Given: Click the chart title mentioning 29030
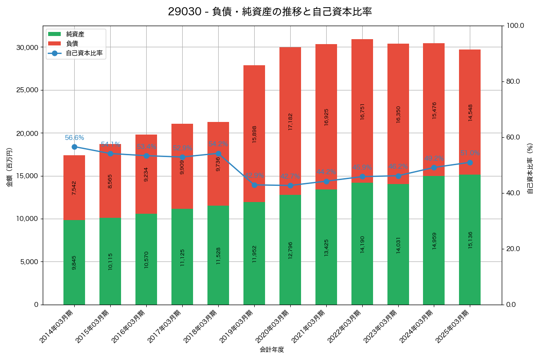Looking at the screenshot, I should pyautogui.click(x=270, y=12).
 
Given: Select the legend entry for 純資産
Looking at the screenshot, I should pyautogui.click(x=75, y=34).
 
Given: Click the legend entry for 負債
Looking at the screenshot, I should pyautogui.click(x=72, y=44).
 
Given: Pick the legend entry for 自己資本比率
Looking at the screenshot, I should pyautogui.click(x=84, y=53).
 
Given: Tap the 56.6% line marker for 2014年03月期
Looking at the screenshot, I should pyautogui.click(x=74, y=147).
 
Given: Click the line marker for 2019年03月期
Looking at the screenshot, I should pyautogui.click(x=254, y=185).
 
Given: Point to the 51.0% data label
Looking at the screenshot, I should pyautogui.click(x=470, y=153).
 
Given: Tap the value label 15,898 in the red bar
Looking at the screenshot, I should pyautogui.click(x=254, y=134).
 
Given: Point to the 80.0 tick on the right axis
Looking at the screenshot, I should pyautogui.click(x=513, y=81).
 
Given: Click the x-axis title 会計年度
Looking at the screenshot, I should pyautogui.click(x=272, y=350).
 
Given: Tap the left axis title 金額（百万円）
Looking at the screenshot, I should pyautogui.click(x=9, y=167).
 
